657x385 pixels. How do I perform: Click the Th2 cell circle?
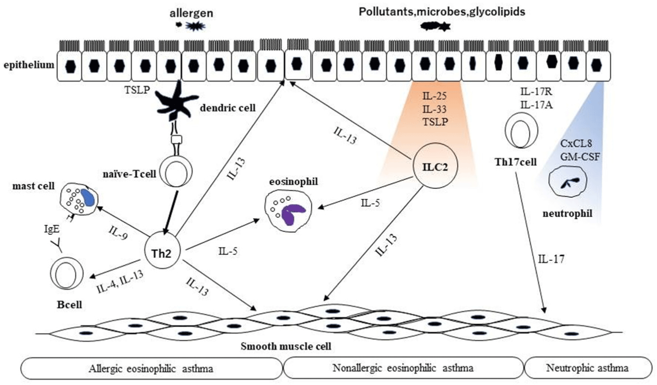[162, 253]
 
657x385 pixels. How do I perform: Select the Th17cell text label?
[516, 162]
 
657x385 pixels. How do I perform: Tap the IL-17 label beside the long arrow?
[551, 259]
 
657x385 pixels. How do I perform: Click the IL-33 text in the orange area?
[435, 109]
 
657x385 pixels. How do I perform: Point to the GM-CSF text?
[580, 157]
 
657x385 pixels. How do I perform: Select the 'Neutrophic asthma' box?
[587, 368]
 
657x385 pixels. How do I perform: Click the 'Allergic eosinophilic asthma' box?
[151, 368]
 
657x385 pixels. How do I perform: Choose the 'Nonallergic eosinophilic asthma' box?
[403, 368]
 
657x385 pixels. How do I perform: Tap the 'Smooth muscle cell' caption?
[286, 346]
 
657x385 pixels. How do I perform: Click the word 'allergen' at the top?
[191, 13]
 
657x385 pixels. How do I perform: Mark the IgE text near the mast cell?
[52, 229]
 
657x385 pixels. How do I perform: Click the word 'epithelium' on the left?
[29, 65]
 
